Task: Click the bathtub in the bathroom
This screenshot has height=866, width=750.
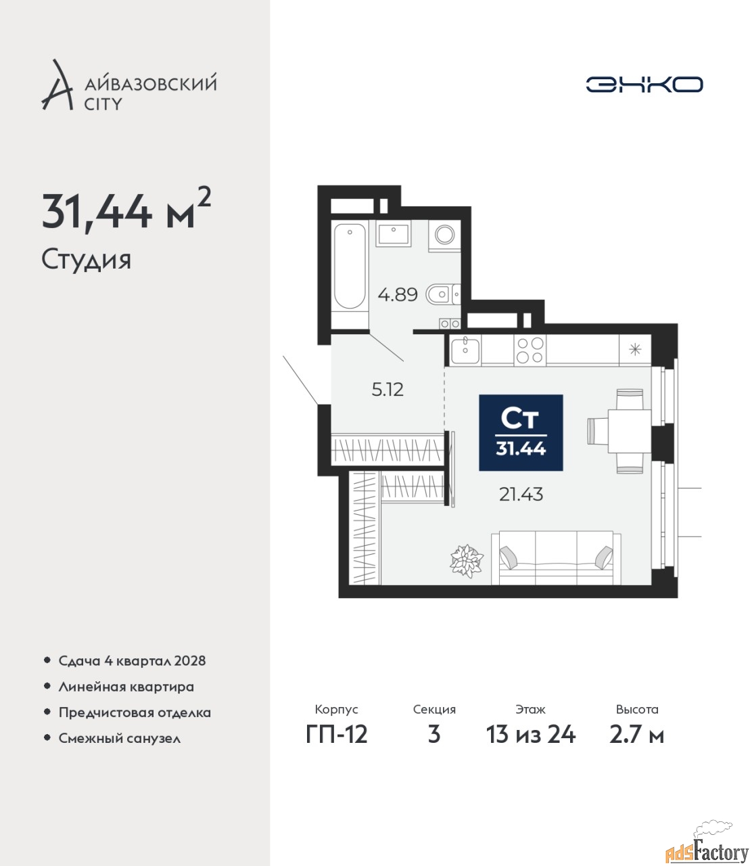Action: coord(350,275)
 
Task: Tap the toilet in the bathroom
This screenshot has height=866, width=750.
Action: coord(443,294)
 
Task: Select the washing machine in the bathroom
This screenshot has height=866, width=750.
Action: coord(444,236)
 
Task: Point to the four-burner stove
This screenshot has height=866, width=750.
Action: coord(530,350)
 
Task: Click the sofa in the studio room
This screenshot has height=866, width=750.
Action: coord(556,558)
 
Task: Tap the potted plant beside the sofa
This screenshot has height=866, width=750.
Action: coord(466,561)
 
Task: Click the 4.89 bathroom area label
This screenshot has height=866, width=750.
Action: coord(398,295)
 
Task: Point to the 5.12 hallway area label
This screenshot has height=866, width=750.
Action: coord(388,390)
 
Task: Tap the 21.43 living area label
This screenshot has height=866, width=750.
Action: coord(521,495)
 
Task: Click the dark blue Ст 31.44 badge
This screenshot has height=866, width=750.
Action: coord(521,432)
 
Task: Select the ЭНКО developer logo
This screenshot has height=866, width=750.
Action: coord(644,84)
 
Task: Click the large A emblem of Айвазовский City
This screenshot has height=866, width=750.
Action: coord(57,85)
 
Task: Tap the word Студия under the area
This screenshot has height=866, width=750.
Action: coord(87,260)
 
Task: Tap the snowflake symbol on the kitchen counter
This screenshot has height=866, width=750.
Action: coord(635,349)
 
